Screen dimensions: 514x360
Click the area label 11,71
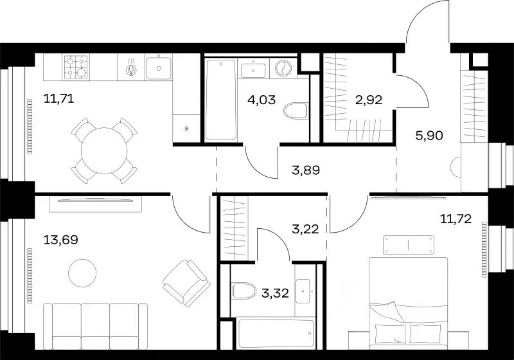tap(58, 98)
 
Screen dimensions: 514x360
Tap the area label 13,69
tap(60, 240)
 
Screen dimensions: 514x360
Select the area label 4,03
tap(261, 100)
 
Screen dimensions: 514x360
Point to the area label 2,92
tap(369, 100)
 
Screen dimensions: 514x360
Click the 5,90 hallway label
tap(429, 135)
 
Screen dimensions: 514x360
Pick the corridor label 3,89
tap(306, 170)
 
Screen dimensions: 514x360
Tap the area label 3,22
tap(305, 230)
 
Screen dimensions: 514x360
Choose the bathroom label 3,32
tap(276, 292)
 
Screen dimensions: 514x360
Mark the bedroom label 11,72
tap(456, 219)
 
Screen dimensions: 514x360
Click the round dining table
tap(104, 151)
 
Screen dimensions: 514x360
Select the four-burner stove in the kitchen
tap(76, 67)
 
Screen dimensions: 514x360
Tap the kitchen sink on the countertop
tap(159, 68)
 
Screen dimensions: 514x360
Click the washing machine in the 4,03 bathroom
tap(283, 69)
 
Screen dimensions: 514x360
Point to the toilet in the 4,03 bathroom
tap(296, 111)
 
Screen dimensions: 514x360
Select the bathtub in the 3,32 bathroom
tap(276, 334)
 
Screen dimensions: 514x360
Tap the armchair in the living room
tap(186, 283)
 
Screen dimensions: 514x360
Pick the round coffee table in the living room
tap(82, 273)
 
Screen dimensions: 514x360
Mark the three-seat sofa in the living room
tap(95, 326)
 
